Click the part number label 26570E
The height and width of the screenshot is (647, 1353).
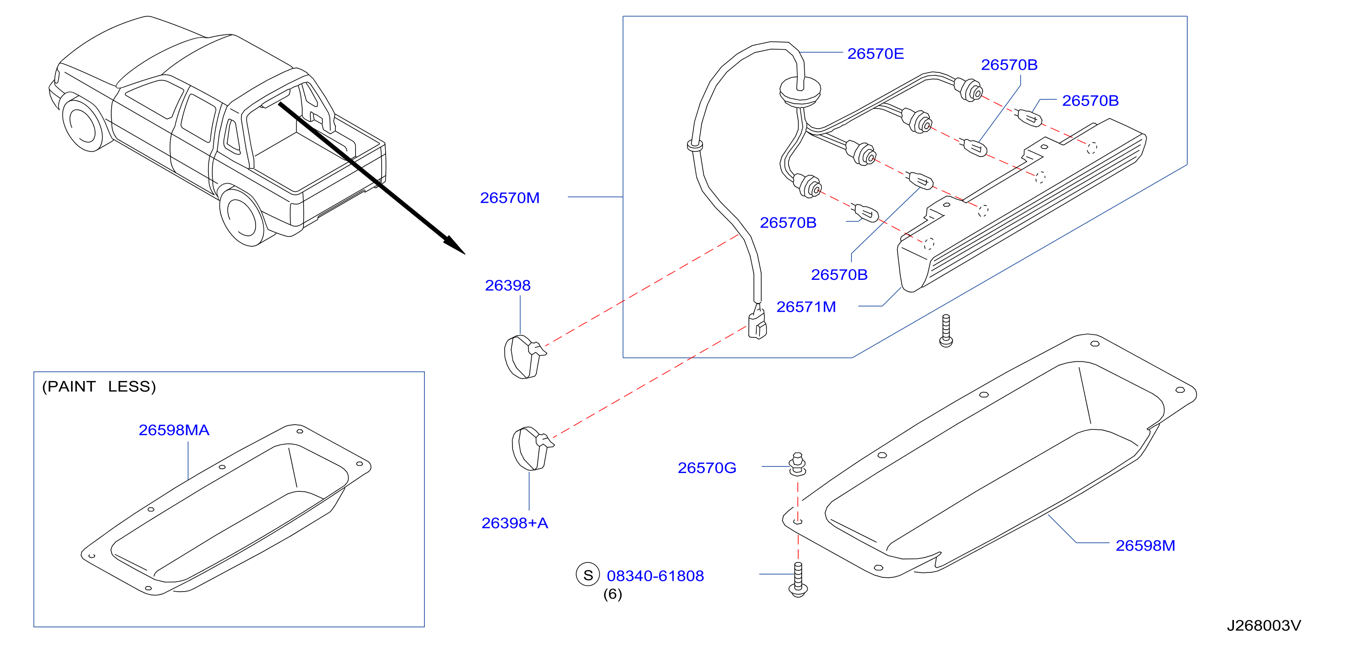click(x=875, y=54)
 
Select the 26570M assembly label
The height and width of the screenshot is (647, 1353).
click(x=509, y=198)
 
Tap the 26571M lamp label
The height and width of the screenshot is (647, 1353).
click(x=806, y=306)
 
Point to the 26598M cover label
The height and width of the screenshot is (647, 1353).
click(x=1145, y=546)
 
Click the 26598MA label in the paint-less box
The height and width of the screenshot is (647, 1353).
click(x=174, y=430)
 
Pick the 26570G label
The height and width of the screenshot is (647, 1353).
click(x=707, y=468)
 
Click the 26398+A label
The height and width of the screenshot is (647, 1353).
click(x=515, y=523)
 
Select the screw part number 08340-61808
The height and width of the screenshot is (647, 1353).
click(x=656, y=576)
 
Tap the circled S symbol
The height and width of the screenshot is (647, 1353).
click(x=588, y=575)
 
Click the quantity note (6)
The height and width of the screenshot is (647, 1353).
click(x=612, y=594)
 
